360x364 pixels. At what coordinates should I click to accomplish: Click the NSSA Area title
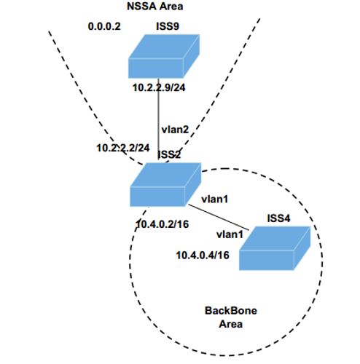[155, 6]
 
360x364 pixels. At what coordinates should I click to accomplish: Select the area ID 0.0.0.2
[104, 26]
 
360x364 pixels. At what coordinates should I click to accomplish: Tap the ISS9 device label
[168, 26]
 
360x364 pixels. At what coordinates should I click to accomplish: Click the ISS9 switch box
[164, 56]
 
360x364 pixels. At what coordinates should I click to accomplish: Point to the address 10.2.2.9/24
[159, 87]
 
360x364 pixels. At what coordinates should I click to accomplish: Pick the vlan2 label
[175, 130]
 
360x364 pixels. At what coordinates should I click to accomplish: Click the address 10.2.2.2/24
[123, 148]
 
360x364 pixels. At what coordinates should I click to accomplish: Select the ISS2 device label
[169, 154]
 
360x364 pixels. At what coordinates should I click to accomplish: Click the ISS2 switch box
[165, 185]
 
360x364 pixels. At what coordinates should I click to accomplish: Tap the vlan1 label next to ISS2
[215, 199]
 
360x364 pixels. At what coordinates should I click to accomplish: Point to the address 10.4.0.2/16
[163, 224]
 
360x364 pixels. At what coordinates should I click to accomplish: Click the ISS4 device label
[278, 218]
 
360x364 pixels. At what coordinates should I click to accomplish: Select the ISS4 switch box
[275, 248]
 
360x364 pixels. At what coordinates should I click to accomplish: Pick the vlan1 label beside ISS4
[230, 234]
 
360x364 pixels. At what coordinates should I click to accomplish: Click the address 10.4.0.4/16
[203, 256]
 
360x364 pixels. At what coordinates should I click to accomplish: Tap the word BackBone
[231, 311]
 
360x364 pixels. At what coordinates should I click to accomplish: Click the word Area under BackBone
[231, 324]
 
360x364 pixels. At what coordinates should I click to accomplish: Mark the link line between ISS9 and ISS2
[158, 119]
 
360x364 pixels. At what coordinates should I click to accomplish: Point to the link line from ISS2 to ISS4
[219, 218]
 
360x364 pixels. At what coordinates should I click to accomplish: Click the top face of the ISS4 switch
[275, 239]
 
